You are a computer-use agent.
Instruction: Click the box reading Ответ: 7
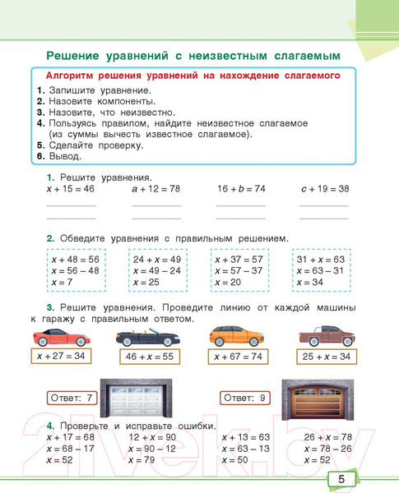[x=73, y=399]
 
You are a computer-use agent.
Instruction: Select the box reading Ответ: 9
[x=244, y=399]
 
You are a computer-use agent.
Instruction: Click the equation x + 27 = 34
[x=62, y=357]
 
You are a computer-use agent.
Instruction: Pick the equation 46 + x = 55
[x=149, y=357]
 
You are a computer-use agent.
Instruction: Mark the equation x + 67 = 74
[x=238, y=357]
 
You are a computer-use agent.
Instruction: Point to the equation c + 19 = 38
[x=324, y=189]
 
